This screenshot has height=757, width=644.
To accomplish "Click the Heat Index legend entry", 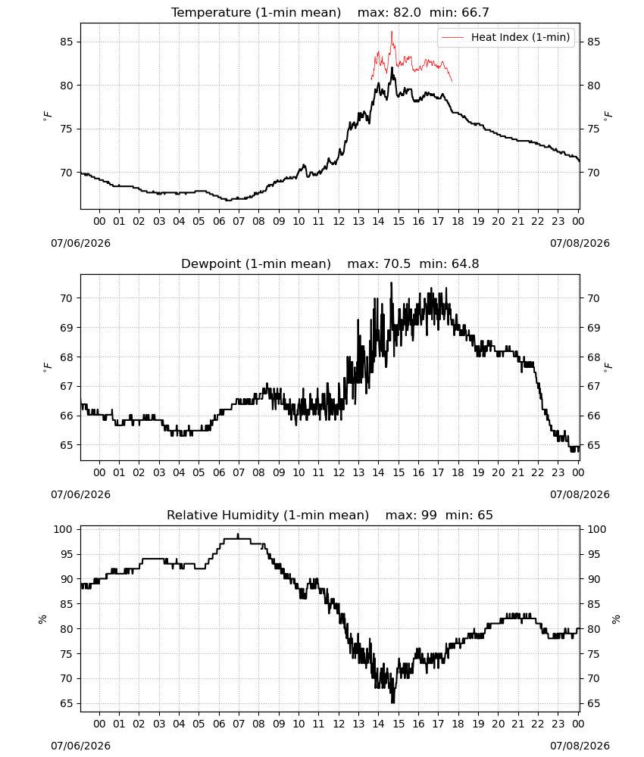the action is click(506, 37).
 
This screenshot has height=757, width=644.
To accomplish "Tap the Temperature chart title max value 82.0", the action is click(408, 12).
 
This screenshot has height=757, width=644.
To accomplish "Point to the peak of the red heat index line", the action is click(392, 32).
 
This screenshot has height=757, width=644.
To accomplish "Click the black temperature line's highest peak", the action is click(392, 68).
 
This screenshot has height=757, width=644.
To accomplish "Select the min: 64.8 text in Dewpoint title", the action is click(449, 263).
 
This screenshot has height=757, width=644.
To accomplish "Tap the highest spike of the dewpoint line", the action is click(392, 283).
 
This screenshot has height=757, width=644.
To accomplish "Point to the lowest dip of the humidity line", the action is click(392, 702).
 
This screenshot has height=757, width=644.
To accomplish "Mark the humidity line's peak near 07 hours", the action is click(238, 534).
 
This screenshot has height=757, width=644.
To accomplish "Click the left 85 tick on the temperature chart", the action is click(67, 42).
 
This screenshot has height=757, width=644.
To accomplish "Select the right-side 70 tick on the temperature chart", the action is click(593, 173).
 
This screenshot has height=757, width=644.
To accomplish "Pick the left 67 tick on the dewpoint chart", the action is click(67, 386).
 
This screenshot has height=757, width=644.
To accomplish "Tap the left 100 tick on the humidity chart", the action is click(63, 529).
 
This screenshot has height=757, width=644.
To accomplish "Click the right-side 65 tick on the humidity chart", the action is click(593, 703).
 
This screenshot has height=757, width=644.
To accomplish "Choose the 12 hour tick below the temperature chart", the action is click(339, 221).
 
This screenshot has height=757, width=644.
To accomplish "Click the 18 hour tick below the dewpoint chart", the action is click(458, 472).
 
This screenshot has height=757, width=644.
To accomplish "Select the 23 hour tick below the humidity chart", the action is click(558, 724).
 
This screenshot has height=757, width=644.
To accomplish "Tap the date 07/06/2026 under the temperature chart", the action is click(80, 243).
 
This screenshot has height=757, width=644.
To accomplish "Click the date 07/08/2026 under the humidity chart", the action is click(580, 746).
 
